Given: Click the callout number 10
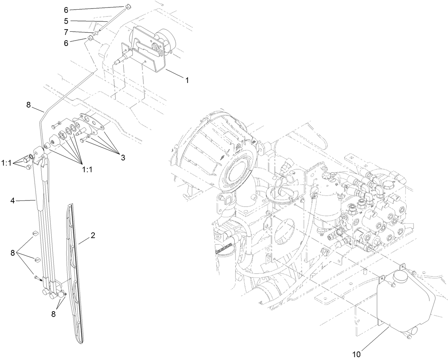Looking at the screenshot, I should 356,354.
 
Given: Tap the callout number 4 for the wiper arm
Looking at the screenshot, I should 12,201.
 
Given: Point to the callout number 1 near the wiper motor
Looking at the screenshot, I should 186,80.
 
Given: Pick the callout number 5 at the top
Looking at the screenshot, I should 66,21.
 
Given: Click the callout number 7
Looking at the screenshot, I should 66,32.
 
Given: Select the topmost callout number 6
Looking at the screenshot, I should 66,9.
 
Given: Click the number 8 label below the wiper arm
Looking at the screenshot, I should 53,314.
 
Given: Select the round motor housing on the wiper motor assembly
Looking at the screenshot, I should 164,36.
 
